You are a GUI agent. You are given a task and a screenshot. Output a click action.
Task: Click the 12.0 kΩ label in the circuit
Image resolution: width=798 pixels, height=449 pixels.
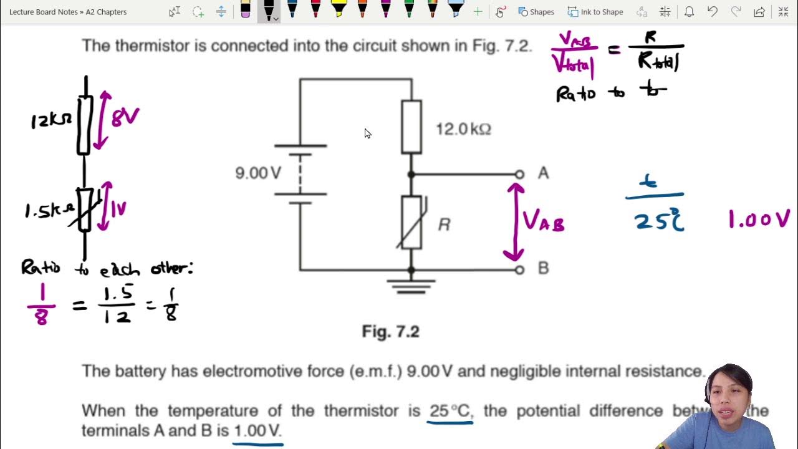coord(463,129)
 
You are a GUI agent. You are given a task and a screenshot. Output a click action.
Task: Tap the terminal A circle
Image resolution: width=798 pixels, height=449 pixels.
coord(519,175)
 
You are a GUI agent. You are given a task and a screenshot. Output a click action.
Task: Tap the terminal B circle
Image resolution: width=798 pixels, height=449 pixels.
coord(519,269)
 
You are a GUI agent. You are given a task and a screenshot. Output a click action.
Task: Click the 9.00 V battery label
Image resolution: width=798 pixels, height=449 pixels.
coord(257,173)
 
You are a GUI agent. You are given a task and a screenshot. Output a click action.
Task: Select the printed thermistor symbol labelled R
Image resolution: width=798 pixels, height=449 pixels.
coord(411,222)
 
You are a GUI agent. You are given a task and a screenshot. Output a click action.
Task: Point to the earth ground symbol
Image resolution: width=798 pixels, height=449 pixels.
coord(411,286)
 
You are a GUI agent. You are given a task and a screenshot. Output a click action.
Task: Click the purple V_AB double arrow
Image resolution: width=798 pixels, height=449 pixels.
coord(514,221)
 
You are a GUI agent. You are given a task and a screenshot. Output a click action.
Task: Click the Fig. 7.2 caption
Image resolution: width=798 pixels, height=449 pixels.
coord(390,331)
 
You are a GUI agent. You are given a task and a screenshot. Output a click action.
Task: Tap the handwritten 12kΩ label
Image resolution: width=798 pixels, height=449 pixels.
coord(51,120)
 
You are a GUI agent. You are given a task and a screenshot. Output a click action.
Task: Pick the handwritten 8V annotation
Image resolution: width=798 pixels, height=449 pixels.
coord(125,117)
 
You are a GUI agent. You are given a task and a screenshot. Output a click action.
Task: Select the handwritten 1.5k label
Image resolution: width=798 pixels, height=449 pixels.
coord(49,211)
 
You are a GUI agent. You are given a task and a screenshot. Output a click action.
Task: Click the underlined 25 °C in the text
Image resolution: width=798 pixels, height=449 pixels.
coord(449,411)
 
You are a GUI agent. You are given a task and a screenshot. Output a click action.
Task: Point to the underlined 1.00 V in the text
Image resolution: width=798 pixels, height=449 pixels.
coord(257,431)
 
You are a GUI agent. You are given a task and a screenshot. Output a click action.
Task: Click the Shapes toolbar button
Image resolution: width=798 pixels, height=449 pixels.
coord(536,12)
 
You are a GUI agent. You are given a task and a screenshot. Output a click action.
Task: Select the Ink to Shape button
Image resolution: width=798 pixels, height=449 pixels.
coord(595,12)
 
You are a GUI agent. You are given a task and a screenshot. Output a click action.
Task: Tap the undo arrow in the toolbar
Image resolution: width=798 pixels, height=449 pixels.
coord(713,12)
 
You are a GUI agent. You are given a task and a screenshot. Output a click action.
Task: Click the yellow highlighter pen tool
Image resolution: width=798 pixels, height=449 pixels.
coord(339,9)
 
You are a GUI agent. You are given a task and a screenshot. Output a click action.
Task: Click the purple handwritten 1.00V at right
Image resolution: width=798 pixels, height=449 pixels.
coord(759,219)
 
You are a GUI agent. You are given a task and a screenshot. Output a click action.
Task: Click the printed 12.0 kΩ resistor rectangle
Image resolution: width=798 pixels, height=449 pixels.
coord(411,127)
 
